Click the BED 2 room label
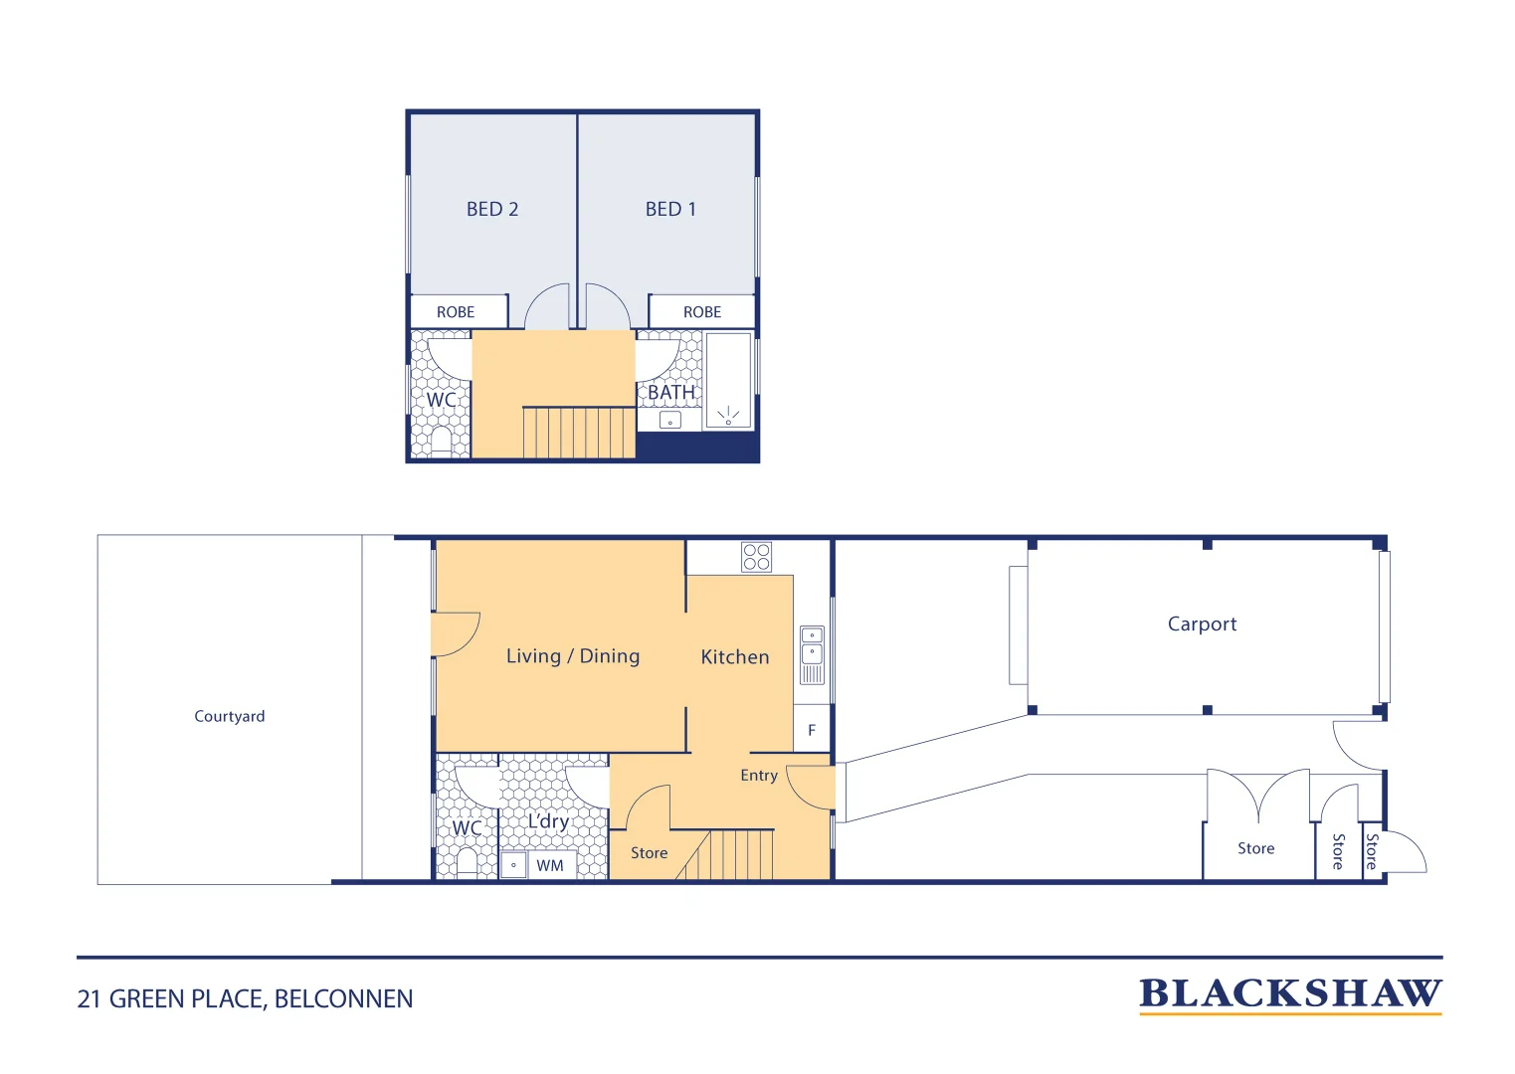point(492,209)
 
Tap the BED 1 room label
point(670,209)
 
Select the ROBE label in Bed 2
point(456,312)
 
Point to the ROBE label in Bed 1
point(702,312)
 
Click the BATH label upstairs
point(670,392)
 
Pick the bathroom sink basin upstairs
point(670,420)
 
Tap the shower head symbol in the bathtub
point(728,416)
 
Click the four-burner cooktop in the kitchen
point(756,557)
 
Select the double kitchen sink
point(813,654)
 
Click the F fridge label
point(812,731)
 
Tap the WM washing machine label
point(550,866)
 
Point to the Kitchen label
point(735,656)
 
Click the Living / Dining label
point(573,656)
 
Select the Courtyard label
point(229,716)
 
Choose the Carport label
point(1202,624)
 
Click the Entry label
point(759,775)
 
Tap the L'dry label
point(548,821)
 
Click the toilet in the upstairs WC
point(441,440)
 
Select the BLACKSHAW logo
point(1290,994)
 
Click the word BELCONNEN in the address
point(343,999)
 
